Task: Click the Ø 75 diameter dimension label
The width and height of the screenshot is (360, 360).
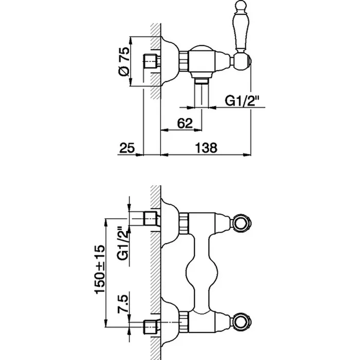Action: click(124, 62)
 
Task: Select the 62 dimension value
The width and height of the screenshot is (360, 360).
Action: click(185, 123)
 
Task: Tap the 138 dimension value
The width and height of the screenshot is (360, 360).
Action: click(206, 148)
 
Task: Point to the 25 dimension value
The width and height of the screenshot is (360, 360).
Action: click(127, 148)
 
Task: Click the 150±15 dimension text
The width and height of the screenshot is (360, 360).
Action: click(100, 269)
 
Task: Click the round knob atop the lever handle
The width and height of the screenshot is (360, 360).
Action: click(241, 5)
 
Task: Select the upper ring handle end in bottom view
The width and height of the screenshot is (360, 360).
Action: click(242, 223)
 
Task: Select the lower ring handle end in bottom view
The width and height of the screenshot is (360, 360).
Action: click(242, 321)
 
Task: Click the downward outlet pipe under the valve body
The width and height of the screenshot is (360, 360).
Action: click(202, 93)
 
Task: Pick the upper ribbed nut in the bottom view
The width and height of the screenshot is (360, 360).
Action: click(184, 223)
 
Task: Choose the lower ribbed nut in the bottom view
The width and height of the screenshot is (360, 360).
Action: click(184, 321)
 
